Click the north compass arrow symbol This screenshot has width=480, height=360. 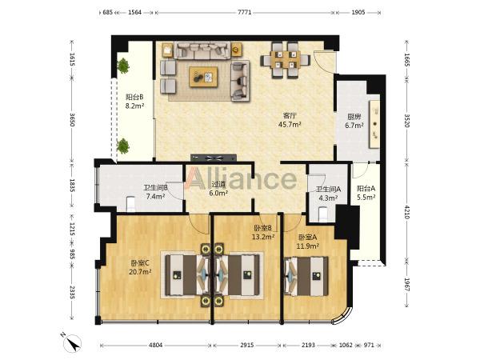(x=73, y=343)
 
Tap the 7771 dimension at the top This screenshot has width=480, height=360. (x=244, y=13)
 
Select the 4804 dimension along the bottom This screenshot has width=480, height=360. (x=155, y=345)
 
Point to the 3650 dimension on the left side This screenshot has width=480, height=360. (x=72, y=120)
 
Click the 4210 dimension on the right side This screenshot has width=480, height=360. (x=407, y=212)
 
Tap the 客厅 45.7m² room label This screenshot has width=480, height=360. (x=290, y=120)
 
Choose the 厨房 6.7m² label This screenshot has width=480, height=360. (x=354, y=121)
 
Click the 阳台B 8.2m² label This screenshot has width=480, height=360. (x=134, y=102)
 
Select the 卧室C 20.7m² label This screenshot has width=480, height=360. (x=140, y=267)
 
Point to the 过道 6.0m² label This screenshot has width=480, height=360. (x=218, y=189)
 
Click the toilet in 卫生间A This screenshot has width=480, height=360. (x=323, y=214)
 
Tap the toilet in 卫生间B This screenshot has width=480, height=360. (x=130, y=203)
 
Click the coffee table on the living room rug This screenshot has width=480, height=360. (x=203, y=77)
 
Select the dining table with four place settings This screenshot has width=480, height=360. (x=286, y=60)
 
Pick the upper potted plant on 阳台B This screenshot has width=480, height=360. (x=123, y=66)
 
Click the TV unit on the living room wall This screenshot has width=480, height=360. (x=214, y=158)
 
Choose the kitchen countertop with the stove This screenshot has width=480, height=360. (x=375, y=124)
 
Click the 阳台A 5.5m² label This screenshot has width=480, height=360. (x=366, y=193)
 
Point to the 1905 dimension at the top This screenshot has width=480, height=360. (x=358, y=13)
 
